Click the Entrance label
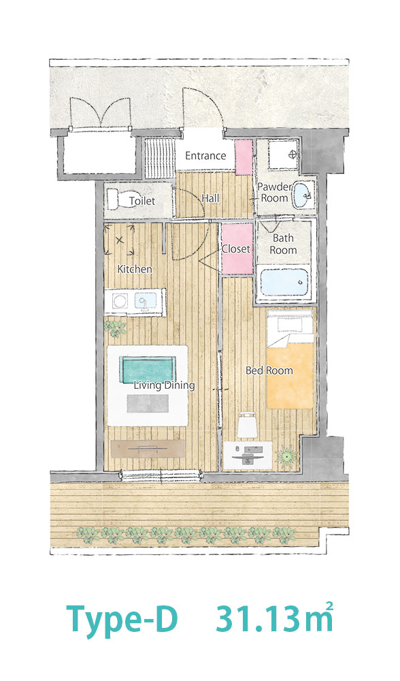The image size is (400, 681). click(205, 155)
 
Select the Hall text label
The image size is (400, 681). click(210, 198)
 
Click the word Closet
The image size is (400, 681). click(236, 249)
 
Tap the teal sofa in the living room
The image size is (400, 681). click(148, 370)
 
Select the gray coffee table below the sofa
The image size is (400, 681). click(148, 403)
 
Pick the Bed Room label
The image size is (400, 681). click(269, 370)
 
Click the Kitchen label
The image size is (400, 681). click(135, 269)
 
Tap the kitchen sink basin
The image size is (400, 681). click(146, 300)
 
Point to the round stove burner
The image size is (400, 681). click(118, 300)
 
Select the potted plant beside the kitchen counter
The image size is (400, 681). click(115, 328)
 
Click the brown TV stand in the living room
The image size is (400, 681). click(148, 449)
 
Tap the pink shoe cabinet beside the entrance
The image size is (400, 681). click(244, 158)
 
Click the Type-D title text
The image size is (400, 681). click(122, 619)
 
